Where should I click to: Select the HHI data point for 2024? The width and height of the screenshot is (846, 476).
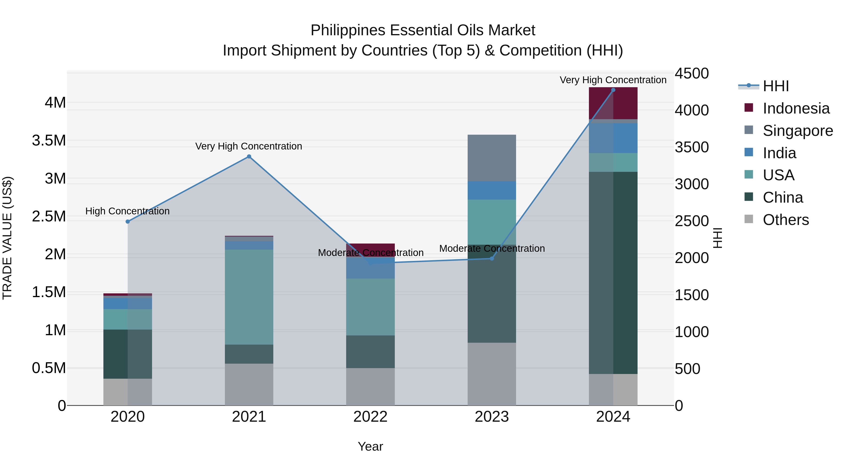(x=613, y=90)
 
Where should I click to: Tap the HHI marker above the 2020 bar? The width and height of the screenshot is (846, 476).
(x=128, y=222)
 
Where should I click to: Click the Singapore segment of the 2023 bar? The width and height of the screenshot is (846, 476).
(x=492, y=158)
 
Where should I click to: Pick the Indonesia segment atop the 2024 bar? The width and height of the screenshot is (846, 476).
(x=613, y=103)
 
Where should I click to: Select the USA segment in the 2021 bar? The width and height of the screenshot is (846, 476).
(x=249, y=297)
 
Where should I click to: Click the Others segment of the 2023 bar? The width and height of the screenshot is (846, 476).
(x=492, y=374)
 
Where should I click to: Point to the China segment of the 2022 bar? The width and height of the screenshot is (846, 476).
(x=370, y=351)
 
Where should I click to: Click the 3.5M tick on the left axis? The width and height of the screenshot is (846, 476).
(x=49, y=141)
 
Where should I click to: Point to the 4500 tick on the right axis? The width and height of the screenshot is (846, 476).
(x=691, y=73)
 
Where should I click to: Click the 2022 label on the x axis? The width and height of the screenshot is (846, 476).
(x=370, y=417)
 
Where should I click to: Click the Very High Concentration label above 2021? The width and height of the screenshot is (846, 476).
(x=249, y=146)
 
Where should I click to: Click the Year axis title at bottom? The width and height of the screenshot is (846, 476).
(x=370, y=446)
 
